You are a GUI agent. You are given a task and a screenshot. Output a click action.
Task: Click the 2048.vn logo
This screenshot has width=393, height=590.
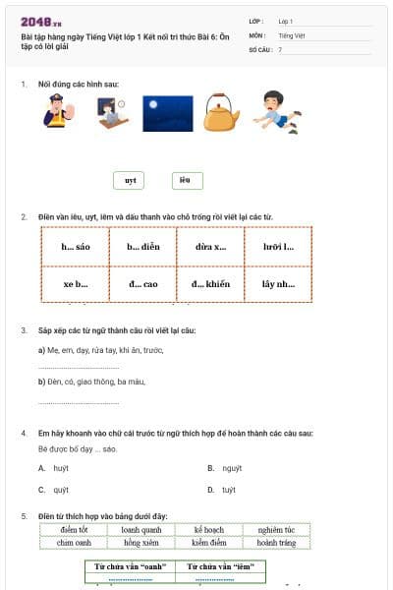coord(40,21)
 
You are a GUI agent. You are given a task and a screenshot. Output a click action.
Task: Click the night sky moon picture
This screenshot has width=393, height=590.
coord(167,113)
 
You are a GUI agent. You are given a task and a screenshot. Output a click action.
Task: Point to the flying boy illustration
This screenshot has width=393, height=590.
coord(280,110)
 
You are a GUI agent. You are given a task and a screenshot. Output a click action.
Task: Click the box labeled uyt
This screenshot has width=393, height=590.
coord(130,181)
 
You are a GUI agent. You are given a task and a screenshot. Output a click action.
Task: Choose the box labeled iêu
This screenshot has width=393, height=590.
coord(186,180)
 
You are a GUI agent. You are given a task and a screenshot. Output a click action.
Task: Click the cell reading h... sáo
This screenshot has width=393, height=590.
coord(76,246)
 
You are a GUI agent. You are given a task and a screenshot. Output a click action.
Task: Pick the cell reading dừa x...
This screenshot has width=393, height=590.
coord(210,246)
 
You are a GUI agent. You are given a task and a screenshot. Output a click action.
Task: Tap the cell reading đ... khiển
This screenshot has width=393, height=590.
coord(210,283)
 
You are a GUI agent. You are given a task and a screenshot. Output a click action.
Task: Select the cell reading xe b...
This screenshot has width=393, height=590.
coord(76,283)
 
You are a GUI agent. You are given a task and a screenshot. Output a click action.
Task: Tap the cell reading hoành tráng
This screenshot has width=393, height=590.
coord(276,542)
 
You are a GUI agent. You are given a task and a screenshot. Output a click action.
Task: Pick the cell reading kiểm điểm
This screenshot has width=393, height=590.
coord(209,542)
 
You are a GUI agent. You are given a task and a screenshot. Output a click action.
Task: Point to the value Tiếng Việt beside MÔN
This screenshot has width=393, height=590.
coord(292,34)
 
